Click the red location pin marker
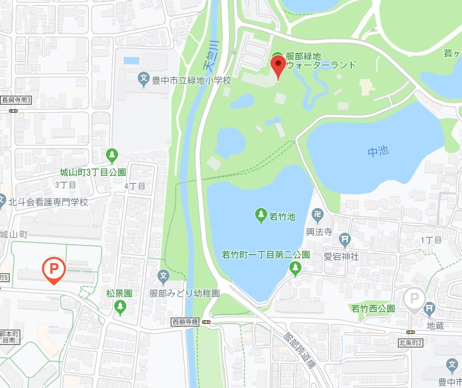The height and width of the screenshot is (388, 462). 279,66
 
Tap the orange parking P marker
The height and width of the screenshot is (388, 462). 53,269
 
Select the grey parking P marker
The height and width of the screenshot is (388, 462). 414,299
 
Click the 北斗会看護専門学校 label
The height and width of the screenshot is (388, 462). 48,202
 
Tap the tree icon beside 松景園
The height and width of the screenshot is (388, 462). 120,307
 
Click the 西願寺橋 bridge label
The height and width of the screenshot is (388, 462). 185,322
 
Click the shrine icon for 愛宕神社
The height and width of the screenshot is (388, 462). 345,240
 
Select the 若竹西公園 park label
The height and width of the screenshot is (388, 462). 373,308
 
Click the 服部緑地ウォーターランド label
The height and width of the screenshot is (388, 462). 321,60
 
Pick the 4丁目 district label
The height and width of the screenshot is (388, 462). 135,186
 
